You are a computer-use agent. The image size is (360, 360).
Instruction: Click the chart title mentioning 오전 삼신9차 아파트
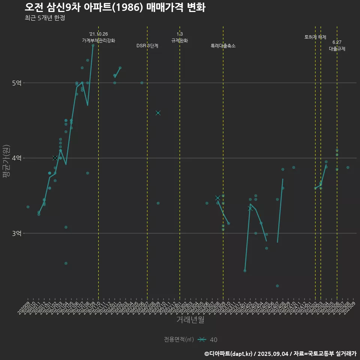pos(115,7)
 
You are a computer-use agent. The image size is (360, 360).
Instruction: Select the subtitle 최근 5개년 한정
pos(45,18)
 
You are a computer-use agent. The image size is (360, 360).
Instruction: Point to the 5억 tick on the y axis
pos(16,83)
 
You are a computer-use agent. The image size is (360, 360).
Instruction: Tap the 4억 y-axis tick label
pos(16,158)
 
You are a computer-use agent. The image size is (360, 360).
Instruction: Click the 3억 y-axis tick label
pos(16,233)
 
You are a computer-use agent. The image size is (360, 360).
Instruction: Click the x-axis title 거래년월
pos(190,320)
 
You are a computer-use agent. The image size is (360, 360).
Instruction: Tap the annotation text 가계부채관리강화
pos(99,40)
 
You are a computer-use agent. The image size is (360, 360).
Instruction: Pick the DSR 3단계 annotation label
pos(147,46)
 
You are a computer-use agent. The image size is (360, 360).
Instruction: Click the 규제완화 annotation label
pos(180,40)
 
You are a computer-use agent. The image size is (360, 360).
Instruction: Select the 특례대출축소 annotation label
pos(223,46)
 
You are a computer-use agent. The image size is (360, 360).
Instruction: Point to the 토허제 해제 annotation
pos(315,37)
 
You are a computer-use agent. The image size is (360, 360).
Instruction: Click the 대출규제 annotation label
pos(337,49)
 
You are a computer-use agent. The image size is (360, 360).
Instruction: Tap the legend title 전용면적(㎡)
pos(179,340)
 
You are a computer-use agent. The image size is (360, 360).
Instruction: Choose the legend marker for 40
pos(202,340)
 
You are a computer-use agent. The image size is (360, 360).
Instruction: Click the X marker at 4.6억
pos(158,113)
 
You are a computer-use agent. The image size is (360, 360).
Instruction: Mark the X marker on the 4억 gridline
pos(55,158)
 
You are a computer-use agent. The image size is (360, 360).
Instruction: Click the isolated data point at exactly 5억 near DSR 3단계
pos(142,83)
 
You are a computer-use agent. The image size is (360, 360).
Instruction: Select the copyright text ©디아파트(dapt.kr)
pos(228,354)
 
